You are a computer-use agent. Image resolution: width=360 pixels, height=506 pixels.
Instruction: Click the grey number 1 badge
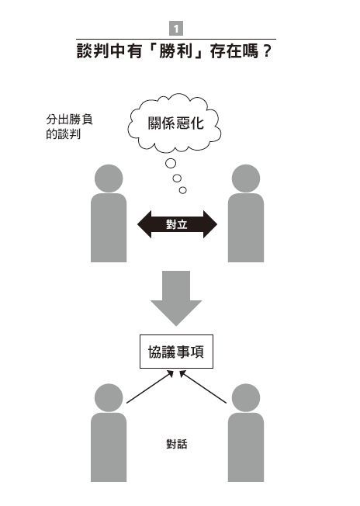pos(176,29)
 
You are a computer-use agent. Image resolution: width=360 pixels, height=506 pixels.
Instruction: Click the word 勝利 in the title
pos(176,52)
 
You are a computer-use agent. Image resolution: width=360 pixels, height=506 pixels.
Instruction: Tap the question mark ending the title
pos(266,52)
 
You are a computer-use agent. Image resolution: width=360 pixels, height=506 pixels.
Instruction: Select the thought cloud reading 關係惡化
pos(175,123)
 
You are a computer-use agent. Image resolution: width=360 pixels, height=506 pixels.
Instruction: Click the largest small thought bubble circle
pos(171,163)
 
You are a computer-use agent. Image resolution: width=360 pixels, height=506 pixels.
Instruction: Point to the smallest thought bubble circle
pos(182,190)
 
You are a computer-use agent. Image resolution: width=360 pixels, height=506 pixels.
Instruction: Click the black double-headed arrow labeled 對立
pos(177,224)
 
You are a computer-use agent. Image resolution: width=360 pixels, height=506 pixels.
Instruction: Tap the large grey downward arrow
pos(176,298)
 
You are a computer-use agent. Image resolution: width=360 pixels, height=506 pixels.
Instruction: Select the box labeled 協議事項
pos(176,352)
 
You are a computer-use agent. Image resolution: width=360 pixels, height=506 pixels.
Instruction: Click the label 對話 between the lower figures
pos(177,444)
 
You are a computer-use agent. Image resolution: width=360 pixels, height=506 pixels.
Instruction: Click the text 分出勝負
pos(69,120)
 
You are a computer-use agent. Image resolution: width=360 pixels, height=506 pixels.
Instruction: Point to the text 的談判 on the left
pos(63,134)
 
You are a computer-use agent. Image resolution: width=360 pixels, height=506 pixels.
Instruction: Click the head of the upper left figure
pos(109,178)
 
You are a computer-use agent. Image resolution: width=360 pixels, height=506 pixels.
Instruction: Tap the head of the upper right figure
pos(246,178)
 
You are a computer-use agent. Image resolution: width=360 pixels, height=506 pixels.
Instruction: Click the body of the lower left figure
pos(109,447)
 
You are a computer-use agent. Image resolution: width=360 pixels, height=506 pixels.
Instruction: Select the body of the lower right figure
pos(246,447)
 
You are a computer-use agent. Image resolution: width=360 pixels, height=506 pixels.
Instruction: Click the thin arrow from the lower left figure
pos(150,387)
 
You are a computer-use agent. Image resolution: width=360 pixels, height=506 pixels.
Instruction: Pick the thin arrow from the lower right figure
pos(203,387)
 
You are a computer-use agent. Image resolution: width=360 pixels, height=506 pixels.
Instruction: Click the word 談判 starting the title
pos(92,52)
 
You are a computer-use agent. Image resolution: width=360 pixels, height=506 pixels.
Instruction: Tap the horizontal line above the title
pos(176,39)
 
